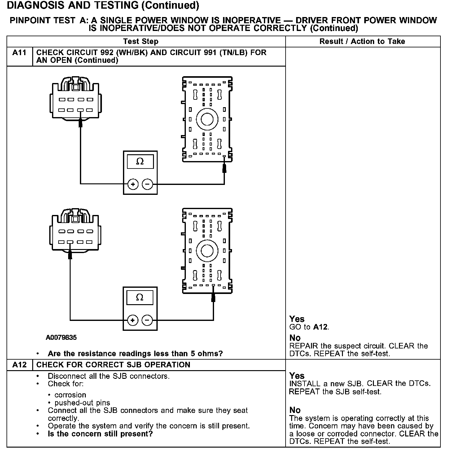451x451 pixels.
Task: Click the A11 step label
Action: tap(19, 53)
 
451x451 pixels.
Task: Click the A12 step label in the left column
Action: tap(19, 365)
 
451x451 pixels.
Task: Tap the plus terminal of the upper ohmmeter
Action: tap(133, 185)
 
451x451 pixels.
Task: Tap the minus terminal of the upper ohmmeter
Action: tap(147, 185)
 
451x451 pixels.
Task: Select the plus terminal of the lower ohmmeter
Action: tap(133, 320)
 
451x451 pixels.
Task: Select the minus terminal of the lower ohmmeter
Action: tap(147, 320)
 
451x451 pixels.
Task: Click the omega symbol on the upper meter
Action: tap(140, 161)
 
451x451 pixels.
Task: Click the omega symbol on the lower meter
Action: tap(140, 297)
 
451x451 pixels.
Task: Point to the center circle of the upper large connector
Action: tap(207, 119)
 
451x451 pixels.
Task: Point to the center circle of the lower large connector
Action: tap(207, 251)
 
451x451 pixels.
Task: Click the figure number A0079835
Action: tap(61, 338)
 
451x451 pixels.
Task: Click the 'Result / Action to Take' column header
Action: tap(362, 42)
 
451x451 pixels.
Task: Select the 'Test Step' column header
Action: tap(141, 42)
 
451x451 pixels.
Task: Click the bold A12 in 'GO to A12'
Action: tap(321, 327)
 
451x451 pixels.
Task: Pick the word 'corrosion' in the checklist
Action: tap(70, 395)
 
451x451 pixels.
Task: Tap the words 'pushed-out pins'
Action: tap(82, 403)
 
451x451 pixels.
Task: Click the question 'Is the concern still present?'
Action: tap(100, 434)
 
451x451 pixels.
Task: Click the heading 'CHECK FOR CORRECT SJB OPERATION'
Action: tap(113, 365)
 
